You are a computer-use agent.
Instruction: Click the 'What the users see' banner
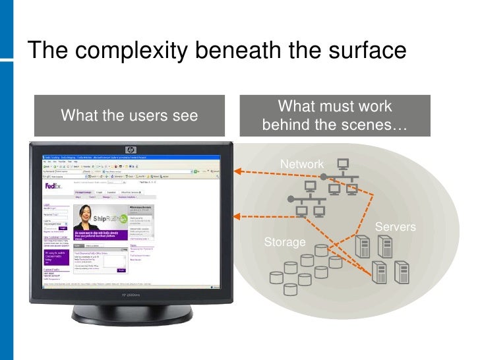click(x=129, y=115)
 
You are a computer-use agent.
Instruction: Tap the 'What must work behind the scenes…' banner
click(x=335, y=115)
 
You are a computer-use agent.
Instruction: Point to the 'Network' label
click(x=302, y=164)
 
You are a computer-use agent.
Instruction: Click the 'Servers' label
click(x=395, y=227)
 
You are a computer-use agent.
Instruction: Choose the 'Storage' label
click(x=285, y=242)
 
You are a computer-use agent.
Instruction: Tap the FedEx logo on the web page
click(x=53, y=187)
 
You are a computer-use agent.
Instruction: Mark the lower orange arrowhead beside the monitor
click(x=238, y=214)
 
